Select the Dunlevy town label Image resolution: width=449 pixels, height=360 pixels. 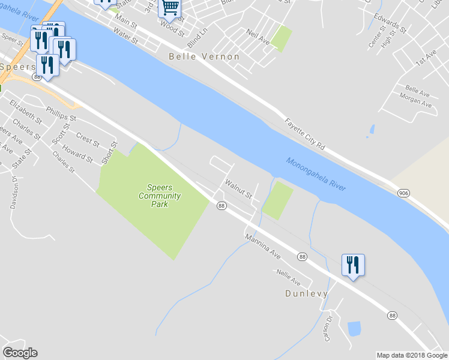coord(306,293)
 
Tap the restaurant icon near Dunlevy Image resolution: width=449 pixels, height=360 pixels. coord(353,265)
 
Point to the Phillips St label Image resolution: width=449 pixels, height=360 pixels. coord(61,114)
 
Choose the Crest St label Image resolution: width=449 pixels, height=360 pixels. coord(88,140)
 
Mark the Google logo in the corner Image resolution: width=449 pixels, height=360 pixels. coord(20,353)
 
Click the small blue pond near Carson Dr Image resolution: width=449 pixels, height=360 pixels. coord(354,328)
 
